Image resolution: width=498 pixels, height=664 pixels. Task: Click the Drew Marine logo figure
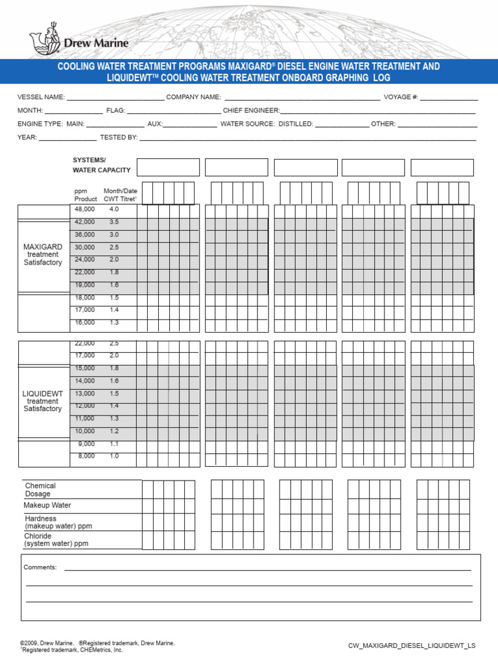tap(45, 42)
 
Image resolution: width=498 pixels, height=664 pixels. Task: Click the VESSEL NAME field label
tap(41, 97)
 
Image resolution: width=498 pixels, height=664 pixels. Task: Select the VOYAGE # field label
tap(401, 97)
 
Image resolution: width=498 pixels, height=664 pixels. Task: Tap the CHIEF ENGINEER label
tap(252, 111)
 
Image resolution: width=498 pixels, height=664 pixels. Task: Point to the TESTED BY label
tap(119, 137)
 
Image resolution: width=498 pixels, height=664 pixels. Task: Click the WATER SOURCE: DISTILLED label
tap(267, 124)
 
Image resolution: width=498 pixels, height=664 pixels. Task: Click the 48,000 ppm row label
tap(84, 209)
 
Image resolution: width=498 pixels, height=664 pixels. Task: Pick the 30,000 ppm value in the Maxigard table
tap(84, 247)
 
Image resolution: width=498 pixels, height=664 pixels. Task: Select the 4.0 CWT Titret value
tap(114, 209)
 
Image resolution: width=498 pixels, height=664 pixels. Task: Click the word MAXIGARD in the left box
tap(43, 247)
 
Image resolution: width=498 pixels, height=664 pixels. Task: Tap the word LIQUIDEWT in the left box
tap(43, 394)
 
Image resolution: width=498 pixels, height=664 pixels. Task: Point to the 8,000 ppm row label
tap(86, 456)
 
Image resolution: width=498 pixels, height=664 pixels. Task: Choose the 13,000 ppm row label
tap(84, 394)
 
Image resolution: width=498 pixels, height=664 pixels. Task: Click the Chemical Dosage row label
tap(40, 490)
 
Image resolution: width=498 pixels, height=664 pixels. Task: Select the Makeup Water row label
tap(47, 505)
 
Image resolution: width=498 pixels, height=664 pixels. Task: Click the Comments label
tap(40, 567)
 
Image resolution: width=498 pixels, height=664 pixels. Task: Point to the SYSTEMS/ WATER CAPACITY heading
tap(101, 165)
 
